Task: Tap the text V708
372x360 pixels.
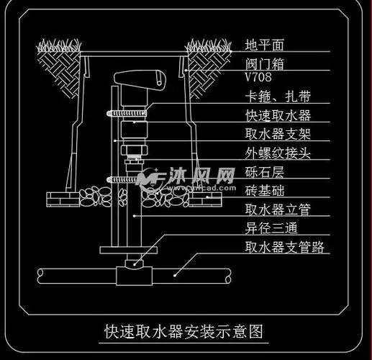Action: click(259, 77)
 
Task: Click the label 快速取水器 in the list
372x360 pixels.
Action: click(277, 115)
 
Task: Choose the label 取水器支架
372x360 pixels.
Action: click(277, 134)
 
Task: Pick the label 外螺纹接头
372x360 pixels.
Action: click(277, 153)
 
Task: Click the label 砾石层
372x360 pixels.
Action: click(265, 172)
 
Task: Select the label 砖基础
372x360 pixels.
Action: click(265, 191)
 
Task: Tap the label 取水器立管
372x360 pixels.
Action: click(277, 210)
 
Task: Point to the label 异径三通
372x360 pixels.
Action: click(271, 229)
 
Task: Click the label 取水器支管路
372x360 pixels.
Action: click(283, 248)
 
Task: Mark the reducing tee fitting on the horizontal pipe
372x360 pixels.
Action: click(135, 274)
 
